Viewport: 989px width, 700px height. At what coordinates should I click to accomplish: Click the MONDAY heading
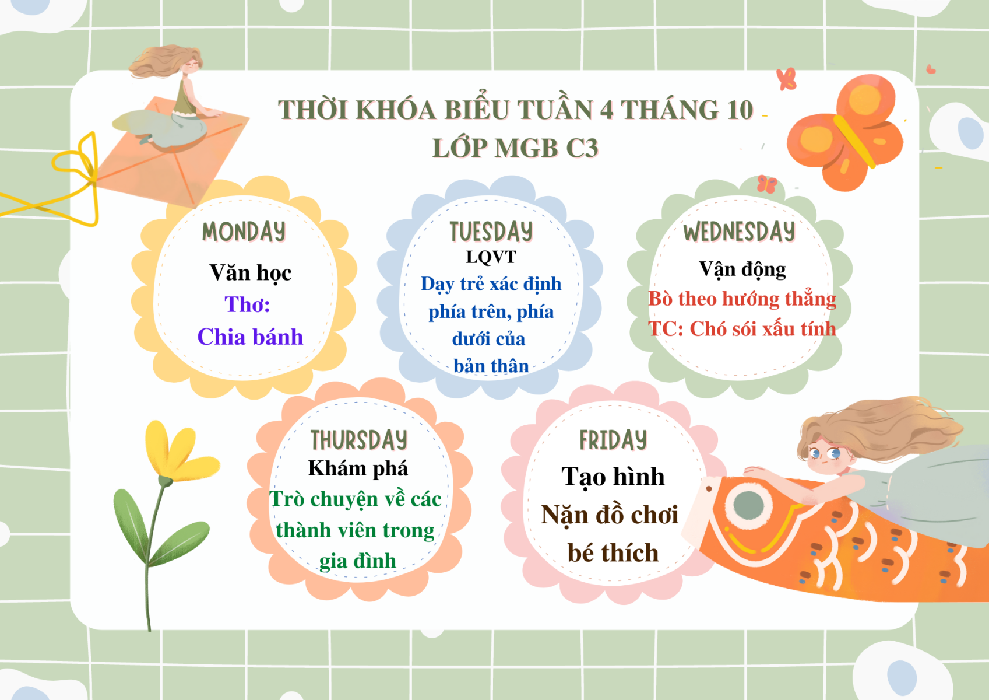(244, 232)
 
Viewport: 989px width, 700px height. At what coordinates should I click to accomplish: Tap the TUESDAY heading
(491, 232)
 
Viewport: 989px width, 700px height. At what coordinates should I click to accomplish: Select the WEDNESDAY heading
(739, 232)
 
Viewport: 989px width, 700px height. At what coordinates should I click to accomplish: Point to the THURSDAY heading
(359, 440)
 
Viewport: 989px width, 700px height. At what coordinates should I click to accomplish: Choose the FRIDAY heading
(613, 440)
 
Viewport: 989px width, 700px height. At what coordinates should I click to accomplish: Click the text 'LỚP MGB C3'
(515, 148)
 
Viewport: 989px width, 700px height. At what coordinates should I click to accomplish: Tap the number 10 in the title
(739, 110)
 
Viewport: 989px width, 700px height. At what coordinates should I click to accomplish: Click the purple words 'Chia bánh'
(251, 337)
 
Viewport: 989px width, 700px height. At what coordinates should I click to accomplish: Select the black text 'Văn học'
(251, 273)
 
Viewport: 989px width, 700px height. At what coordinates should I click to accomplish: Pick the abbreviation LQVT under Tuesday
(491, 257)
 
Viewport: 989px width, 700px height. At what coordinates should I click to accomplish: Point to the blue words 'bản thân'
(491, 366)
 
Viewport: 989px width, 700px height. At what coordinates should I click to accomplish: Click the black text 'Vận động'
(742, 269)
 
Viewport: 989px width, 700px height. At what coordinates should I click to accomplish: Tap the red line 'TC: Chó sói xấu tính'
(742, 329)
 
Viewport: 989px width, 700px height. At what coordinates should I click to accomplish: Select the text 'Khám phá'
(358, 468)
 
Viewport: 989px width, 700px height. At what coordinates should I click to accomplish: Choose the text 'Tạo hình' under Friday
(613, 477)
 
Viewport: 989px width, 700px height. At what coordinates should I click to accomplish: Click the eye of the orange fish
(748, 505)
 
